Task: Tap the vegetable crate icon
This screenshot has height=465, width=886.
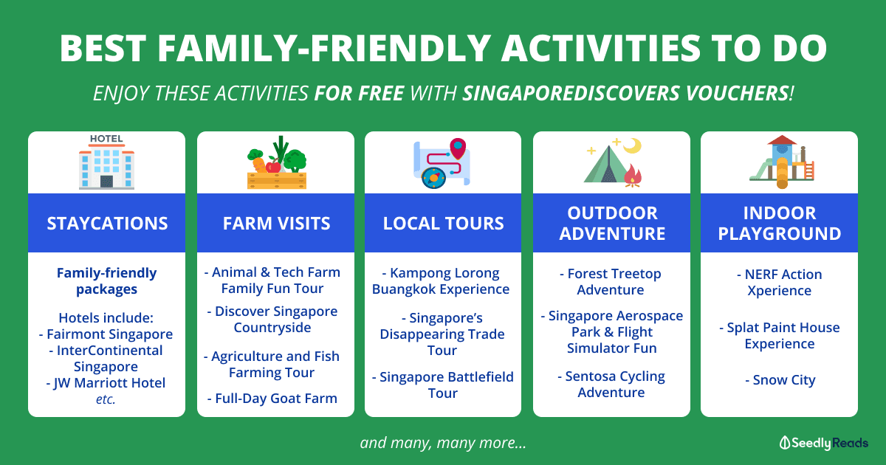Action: pyautogui.click(x=277, y=162)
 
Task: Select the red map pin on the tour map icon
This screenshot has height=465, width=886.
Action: pyautogui.click(x=458, y=148)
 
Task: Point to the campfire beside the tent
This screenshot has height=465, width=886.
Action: pyautogui.click(x=633, y=176)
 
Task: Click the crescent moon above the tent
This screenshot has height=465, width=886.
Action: pyautogui.click(x=633, y=145)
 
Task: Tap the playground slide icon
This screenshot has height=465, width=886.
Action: pyautogui.click(x=782, y=162)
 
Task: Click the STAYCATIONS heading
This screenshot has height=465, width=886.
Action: pyautogui.click(x=107, y=224)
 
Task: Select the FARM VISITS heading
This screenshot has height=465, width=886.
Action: pyautogui.click(x=276, y=224)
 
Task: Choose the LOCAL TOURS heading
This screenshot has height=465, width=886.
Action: pyautogui.click(x=444, y=224)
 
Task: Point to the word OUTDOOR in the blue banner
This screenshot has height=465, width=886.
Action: pyautogui.click(x=612, y=213)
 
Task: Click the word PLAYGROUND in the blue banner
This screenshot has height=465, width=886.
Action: pyautogui.click(x=780, y=234)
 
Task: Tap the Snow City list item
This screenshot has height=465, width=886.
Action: pyautogui.click(x=780, y=380)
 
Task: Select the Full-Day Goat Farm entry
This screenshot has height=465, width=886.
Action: pyautogui.click(x=272, y=399)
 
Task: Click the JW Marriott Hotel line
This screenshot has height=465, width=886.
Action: pyautogui.click(x=106, y=383)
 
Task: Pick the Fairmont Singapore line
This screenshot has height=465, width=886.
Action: pyautogui.click(x=106, y=334)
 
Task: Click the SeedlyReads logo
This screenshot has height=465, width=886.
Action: pyautogui.click(x=823, y=443)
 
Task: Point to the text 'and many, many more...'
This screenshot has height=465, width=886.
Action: pyautogui.click(x=443, y=443)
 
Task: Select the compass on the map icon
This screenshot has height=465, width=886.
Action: pyautogui.click(x=433, y=178)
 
